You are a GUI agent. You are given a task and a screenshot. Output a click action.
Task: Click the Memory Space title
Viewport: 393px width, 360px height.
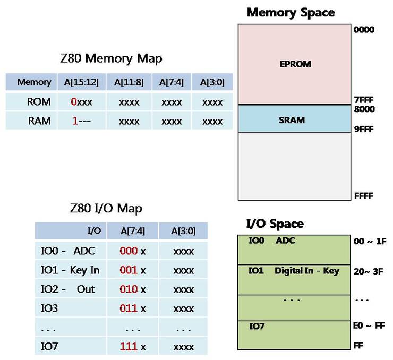coord(291,12)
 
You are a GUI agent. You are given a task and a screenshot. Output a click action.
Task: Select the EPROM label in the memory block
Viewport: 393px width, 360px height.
coord(295,64)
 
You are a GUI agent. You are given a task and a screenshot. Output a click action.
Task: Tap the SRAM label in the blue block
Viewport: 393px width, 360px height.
coord(292,120)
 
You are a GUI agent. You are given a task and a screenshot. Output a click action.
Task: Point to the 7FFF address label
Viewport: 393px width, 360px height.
coord(364,100)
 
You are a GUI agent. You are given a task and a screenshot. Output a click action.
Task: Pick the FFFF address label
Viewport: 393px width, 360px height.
coord(364,196)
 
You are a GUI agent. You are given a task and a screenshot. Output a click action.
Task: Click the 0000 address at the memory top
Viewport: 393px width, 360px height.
coord(364,30)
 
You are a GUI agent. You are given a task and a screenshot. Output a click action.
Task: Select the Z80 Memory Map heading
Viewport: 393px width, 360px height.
coord(111,58)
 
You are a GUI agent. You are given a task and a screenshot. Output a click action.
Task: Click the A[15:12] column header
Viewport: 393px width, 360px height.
coord(81,82)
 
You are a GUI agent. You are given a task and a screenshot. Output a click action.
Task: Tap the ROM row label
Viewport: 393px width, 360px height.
coord(40,101)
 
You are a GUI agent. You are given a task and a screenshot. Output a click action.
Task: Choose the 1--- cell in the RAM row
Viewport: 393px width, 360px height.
coord(81,121)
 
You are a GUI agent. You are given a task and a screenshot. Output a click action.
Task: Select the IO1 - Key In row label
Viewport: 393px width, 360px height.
coord(70,270)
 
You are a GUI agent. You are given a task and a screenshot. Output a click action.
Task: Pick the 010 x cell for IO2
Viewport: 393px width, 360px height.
coord(132,289)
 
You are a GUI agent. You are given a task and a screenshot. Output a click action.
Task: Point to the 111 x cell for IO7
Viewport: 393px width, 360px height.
coord(132,346)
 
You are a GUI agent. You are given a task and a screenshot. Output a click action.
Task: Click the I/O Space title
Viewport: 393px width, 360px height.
coord(275,224)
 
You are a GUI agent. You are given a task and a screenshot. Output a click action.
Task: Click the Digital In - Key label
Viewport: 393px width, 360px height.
coord(306,271)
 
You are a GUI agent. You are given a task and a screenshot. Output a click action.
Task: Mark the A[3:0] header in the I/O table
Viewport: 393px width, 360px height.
coord(183,231)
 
